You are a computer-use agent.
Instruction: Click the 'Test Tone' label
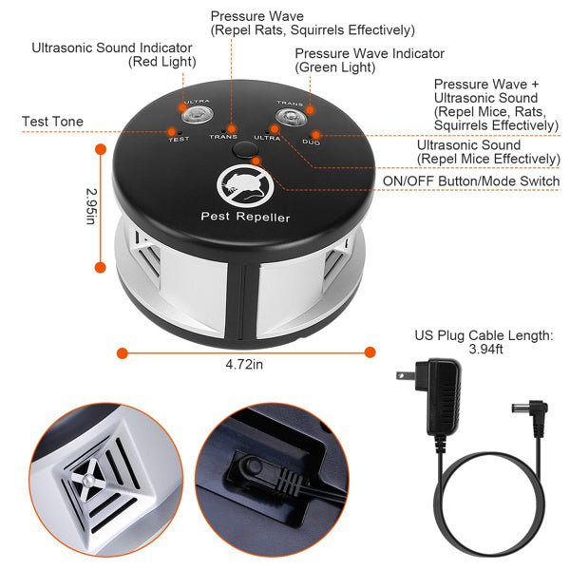point(52,122)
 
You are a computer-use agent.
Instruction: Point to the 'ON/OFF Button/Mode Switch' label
point(471,180)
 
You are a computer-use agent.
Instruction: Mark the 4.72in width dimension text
point(245,365)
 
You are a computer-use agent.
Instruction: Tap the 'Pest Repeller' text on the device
point(245,218)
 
